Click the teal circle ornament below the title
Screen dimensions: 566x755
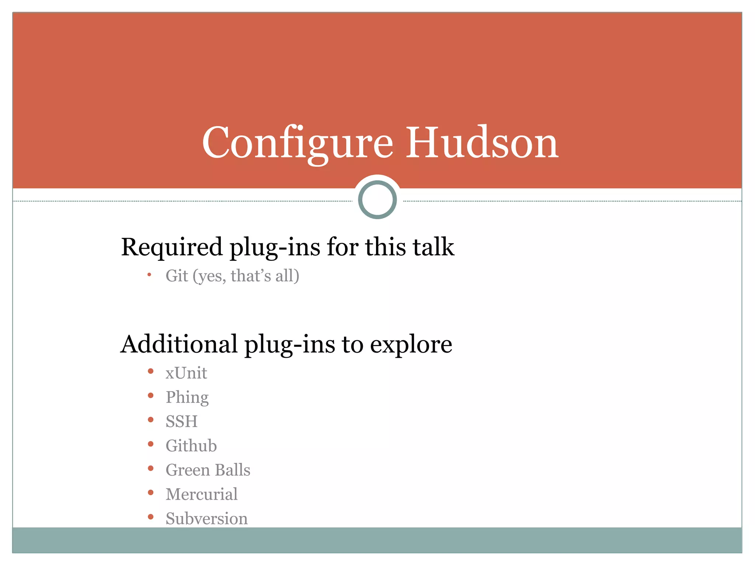pyautogui.click(x=377, y=200)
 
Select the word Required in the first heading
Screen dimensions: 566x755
pyautogui.click(x=172, y=247)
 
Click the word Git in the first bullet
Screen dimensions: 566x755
pyautogui.click(x=177, y=276)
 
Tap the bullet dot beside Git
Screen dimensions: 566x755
pyautogui.click(x=149, y=275)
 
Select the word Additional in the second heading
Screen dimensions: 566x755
pyautogui.click(x=179, y=344)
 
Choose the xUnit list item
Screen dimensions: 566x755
pyautogui.click(x=186, y=373)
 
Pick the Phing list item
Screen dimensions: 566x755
pyautogui.click(x=187, y=398)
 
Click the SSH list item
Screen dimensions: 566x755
pyautogui.click(x=181, y=422)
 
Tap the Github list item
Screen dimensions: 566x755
pyautogui.click(x=191, y=446)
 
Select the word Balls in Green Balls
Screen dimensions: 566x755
pyautogui.click(x=232, y=470)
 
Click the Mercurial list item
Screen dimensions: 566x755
pyautogui.click(x=201, y=495)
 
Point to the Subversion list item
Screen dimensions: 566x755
pyautogui.click(x=206, y=519)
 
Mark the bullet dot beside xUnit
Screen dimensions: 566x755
pyautogui.click(x=150, y=371)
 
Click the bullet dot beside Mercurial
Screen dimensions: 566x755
pyautogui.click(x=150, y=493)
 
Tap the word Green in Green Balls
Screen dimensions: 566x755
pyautogui.click(x=188, y=470)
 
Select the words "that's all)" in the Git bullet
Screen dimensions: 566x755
pyautogui.click(x=265, y=276)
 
